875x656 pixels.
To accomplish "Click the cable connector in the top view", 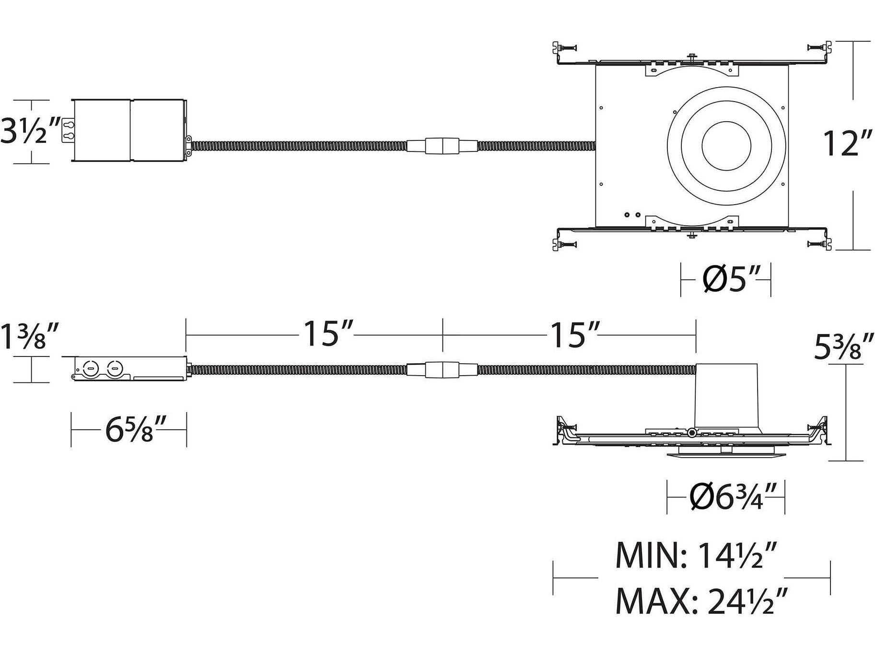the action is (x=442, y=146).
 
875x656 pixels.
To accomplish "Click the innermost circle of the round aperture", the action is (x=726, y=146).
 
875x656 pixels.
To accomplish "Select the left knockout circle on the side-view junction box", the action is (x=90, y=369).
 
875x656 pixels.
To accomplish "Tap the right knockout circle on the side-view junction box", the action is (x=114, y=369).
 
